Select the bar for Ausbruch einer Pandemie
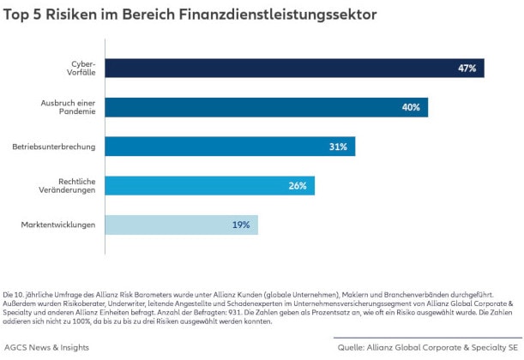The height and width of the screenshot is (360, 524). (266, 107)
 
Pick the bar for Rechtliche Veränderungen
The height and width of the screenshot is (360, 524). (209, 185)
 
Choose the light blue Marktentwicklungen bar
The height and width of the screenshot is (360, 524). (181, 225)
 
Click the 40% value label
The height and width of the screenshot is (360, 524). (410, 108)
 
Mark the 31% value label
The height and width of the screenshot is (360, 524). (337, 147)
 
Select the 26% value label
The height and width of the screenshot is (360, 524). (297, 186)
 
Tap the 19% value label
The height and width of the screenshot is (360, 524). (240, 225)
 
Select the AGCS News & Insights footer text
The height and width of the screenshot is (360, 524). (46, 347)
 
